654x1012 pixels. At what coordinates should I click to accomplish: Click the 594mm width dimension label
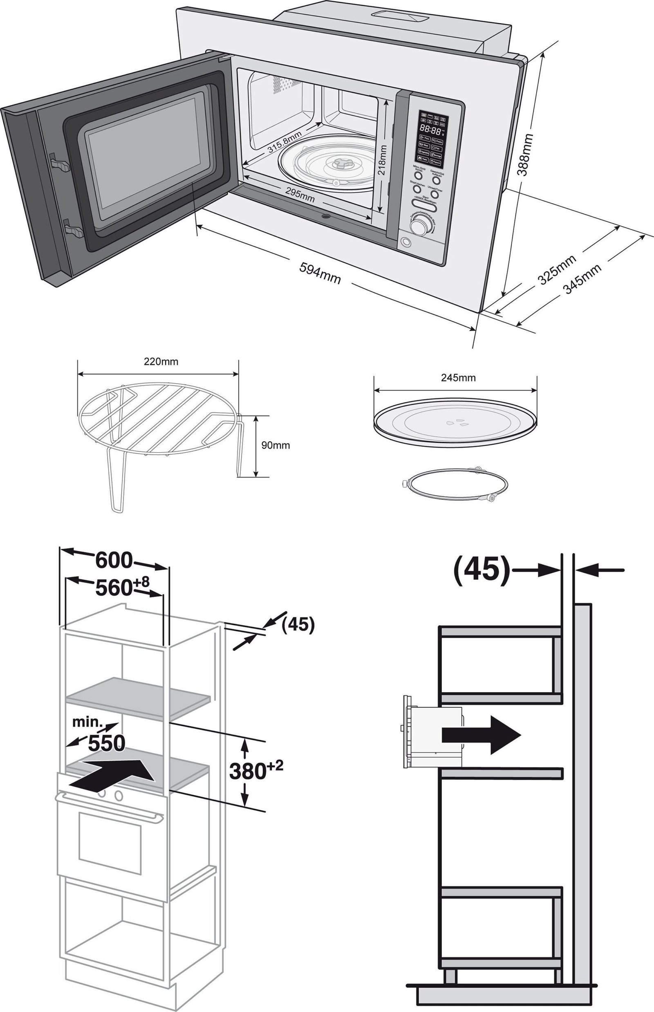point(320,273)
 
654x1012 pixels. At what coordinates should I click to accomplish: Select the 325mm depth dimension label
point(557,269)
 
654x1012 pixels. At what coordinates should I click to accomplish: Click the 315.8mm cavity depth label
point(285,142)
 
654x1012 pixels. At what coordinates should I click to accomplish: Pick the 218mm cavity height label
point(382,160)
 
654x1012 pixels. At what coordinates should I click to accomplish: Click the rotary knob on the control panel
point(421,225)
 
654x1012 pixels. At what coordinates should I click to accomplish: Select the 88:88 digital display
point(430,129)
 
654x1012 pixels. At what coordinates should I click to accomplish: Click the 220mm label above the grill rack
point(161,361)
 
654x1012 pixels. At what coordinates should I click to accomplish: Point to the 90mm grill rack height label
point(275,445)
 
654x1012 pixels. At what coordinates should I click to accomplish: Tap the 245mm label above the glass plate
point(458,378)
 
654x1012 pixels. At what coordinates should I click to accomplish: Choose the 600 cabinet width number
point(114,560)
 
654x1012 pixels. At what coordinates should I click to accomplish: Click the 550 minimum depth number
point(106,743)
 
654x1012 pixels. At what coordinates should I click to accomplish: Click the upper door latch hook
point(59,163)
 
